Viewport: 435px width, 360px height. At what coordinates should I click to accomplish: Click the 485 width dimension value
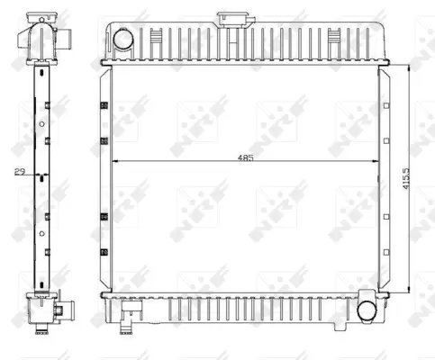[246, 157]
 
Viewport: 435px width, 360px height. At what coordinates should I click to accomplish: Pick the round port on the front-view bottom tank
[369, 309]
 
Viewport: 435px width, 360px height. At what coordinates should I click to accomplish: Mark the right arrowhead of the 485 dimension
[377, 162]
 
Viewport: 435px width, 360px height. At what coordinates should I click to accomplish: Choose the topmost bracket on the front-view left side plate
[104, 109]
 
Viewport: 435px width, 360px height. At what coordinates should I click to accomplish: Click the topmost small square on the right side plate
[385, 108]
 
